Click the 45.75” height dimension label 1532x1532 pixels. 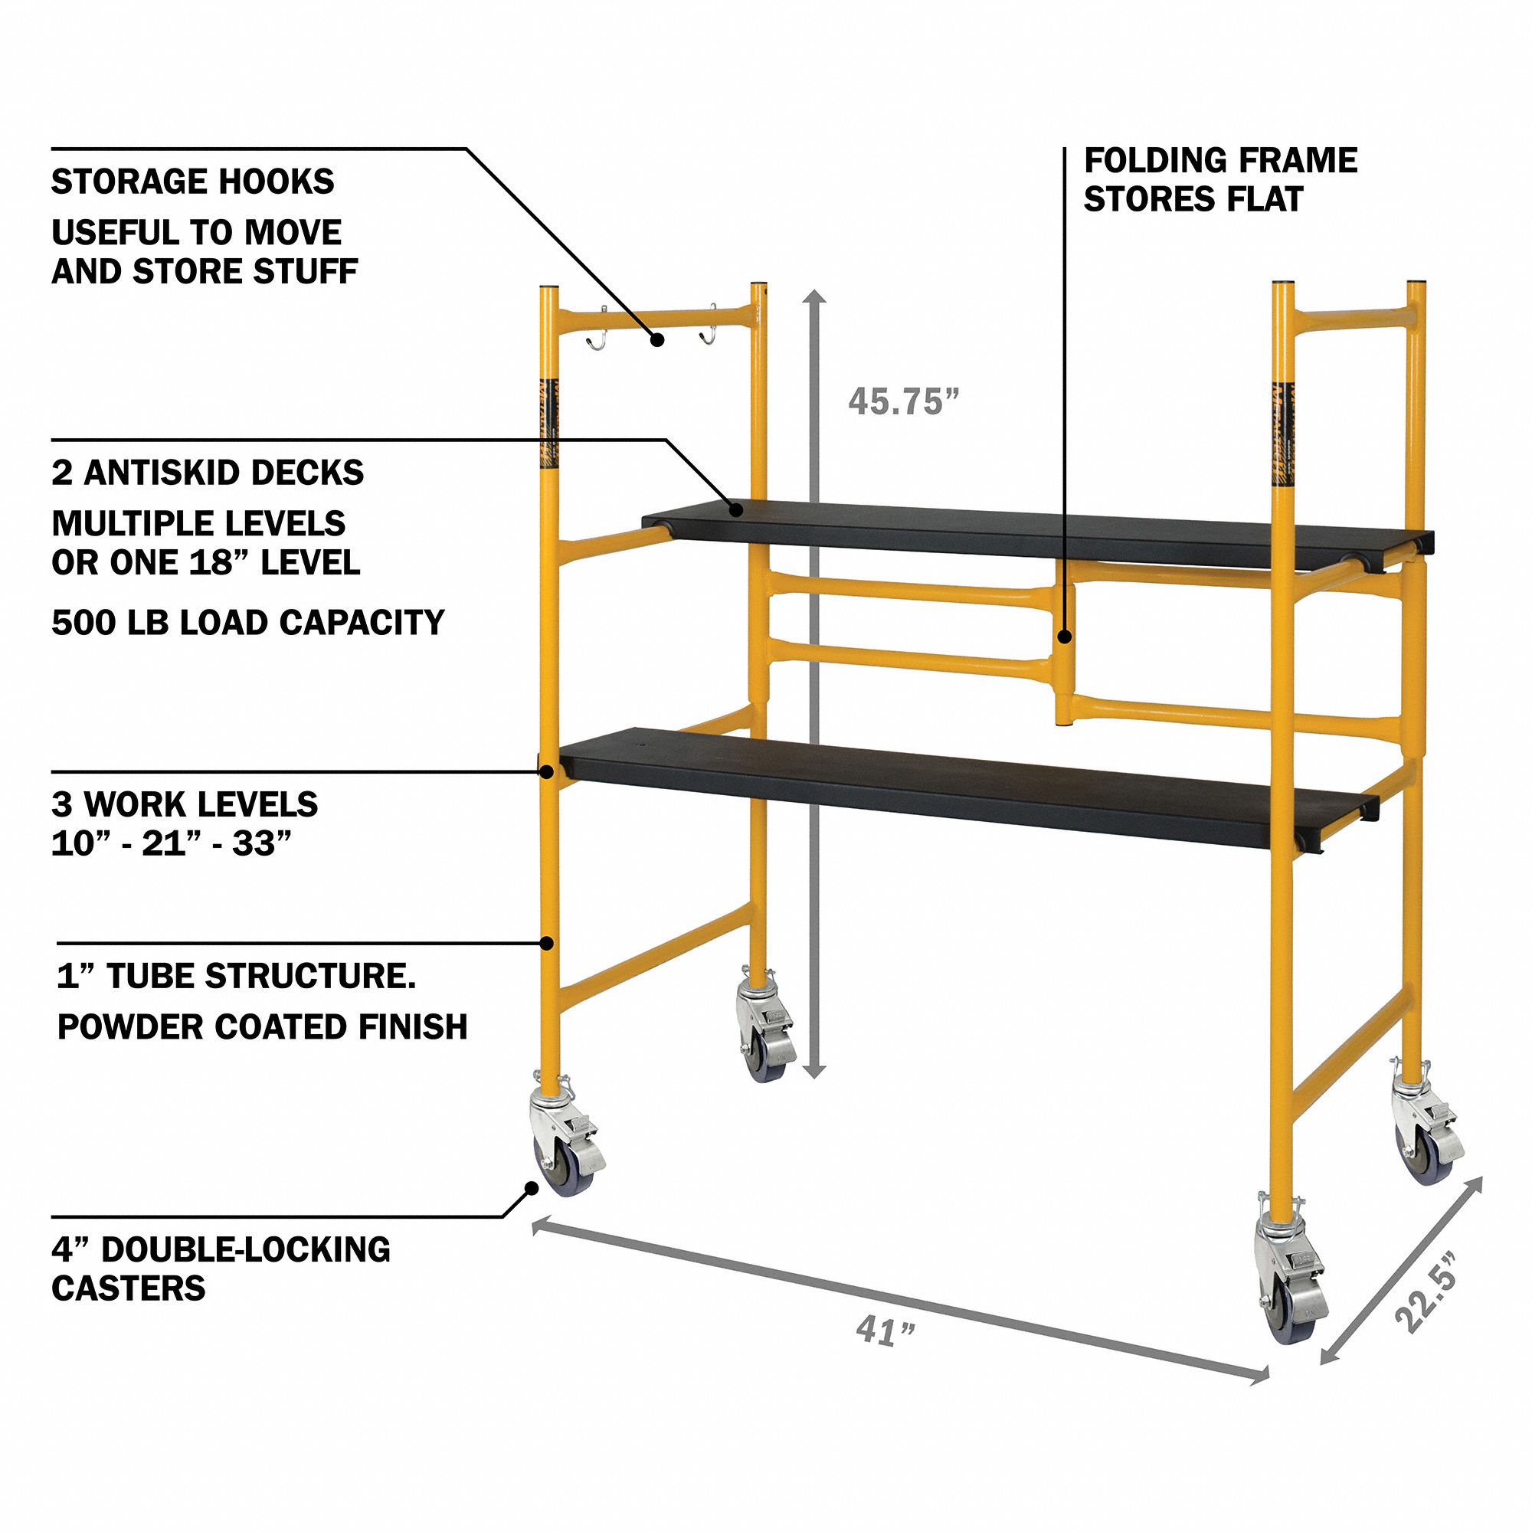(903, 401)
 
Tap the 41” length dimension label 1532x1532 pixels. (885, 1330)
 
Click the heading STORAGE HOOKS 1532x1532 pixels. (193, 182)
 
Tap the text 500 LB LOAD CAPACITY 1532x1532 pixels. (248, 623)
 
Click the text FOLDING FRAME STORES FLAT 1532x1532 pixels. (1219, 180)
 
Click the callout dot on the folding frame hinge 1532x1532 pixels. (1065, 635)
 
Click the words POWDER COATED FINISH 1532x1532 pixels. (263, 1027)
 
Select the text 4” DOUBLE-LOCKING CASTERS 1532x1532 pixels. (221, 1268)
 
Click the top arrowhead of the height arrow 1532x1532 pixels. (815, 298)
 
